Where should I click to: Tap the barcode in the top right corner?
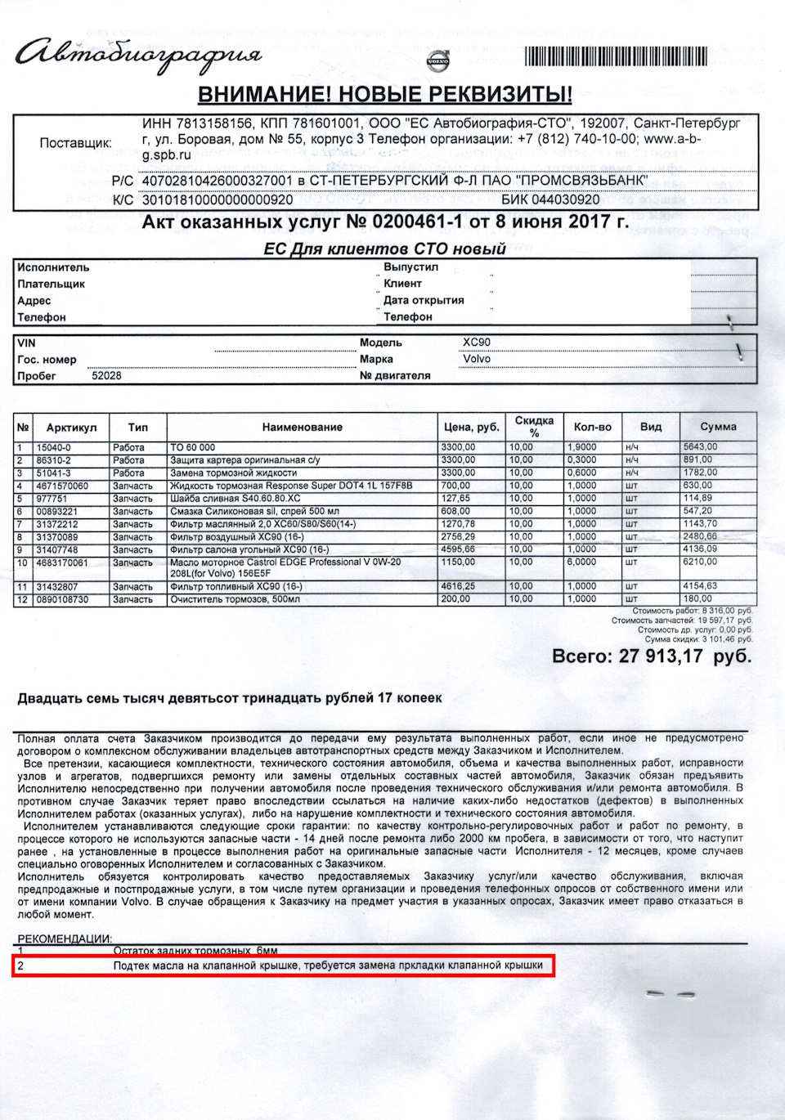click(615, 56)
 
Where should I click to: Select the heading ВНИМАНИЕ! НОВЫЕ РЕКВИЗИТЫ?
click(384, 95)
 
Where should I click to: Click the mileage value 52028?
click(106, 376)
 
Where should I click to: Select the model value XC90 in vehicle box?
click(477, 343)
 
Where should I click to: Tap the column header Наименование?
click(302, 427)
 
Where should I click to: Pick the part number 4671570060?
click(62, 486)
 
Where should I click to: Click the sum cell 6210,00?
click(700, 562)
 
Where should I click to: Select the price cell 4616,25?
click(458, 586)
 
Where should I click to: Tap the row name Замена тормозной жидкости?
click(233, 473)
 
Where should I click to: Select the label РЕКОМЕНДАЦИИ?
click(65, 939)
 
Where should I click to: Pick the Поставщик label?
click(75, 143)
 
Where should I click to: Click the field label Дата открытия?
click(424, 300)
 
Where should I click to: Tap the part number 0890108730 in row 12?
click(62, 599)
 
